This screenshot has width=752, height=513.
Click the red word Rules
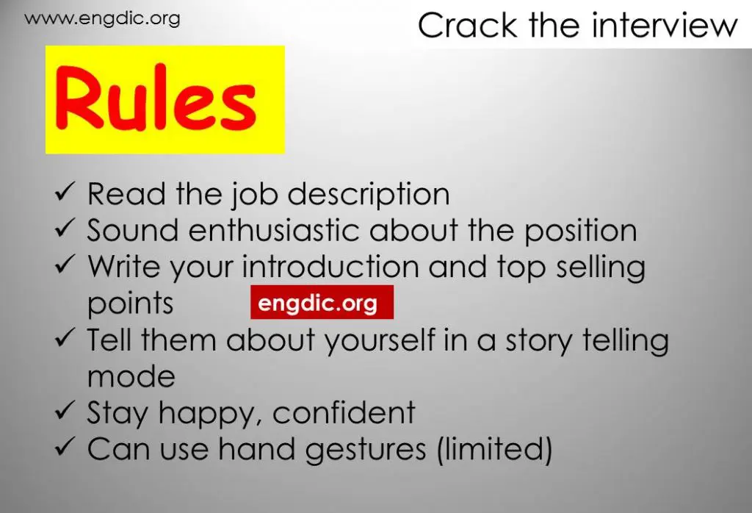point(156,101)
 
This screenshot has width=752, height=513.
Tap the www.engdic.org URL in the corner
point(102,19)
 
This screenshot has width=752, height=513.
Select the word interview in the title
point(665,26)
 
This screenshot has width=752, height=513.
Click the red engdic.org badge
point(322,303)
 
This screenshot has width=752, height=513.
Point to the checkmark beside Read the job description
point(64,193)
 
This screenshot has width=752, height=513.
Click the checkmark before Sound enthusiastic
point(64,229)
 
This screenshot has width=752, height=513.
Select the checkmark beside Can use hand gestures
point(64,448)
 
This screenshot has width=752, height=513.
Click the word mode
point(131,376)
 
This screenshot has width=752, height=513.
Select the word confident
point(344,413)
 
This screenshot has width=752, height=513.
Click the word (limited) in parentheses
point(493,450)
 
